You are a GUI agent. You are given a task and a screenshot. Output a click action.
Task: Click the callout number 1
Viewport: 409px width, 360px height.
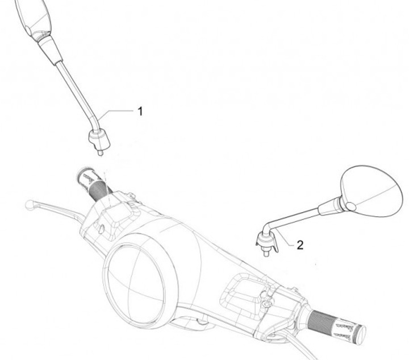click(x=140, y=111)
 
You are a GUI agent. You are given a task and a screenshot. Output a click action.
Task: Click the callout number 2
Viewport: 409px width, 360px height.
click(x=300, y=245)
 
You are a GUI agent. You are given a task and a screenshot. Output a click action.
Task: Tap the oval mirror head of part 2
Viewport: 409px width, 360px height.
click(x=372, y=191)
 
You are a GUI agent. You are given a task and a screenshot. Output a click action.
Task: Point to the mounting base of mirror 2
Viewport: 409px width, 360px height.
click(x=266, y=242)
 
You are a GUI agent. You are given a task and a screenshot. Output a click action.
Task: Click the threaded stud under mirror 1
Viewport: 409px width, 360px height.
click(x=100, y=153)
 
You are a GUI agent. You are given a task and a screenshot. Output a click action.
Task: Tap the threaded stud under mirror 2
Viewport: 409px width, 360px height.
click(x=266, y=253)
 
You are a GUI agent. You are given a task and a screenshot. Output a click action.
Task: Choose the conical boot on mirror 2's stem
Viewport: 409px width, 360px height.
click(x=329, y=206)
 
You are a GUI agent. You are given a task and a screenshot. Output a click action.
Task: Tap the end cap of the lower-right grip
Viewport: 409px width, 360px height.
click(x=361, y=334)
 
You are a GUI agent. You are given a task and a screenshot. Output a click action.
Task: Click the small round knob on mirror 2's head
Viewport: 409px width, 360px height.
click(x=350, y=206)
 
